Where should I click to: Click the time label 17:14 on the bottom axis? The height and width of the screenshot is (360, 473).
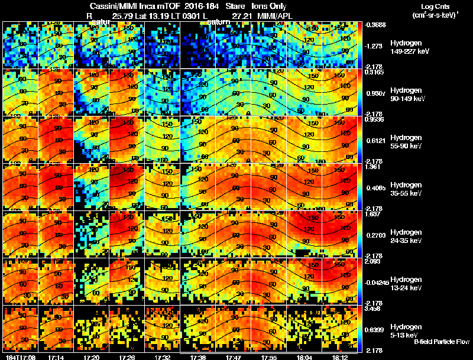pos(57,357)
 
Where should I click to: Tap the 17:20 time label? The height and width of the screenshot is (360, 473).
pos(92,357)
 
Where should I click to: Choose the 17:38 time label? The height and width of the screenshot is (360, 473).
pos(198,357)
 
